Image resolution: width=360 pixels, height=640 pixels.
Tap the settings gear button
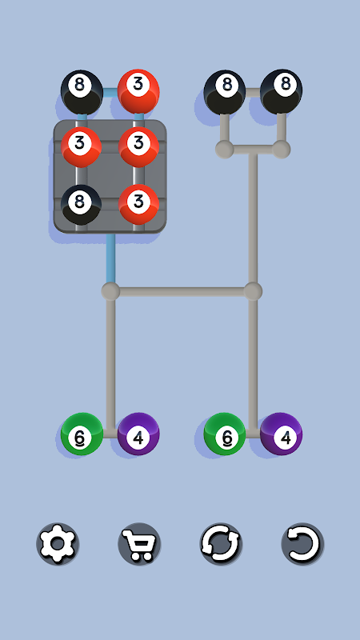[58, 544]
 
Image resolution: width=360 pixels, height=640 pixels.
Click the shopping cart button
[139, 544]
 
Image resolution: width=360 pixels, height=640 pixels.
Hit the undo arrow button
[302, 544]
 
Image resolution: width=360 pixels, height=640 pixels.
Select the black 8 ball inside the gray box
[82, 205]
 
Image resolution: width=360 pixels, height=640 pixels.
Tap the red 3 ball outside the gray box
[138, 91]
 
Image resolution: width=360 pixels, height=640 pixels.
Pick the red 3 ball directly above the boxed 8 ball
[82, 147]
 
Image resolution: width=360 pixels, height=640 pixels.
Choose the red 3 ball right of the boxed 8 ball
[138, 205]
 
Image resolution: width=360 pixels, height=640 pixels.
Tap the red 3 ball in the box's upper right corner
[138, 147]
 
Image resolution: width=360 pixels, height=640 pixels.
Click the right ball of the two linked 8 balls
[282, 91]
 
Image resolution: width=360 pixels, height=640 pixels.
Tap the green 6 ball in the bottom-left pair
[82, 434]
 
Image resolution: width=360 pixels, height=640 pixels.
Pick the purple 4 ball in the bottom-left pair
[138, 434]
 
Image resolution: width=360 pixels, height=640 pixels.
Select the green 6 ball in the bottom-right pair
[225, 434]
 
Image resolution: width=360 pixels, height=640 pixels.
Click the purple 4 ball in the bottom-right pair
[282, 434]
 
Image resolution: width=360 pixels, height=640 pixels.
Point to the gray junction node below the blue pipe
[110, 291]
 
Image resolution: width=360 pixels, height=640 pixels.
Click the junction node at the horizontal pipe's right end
[253, 291]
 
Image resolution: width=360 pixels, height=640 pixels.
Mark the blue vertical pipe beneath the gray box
[110, 258]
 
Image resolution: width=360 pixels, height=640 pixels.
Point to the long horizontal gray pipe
[182, 291]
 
